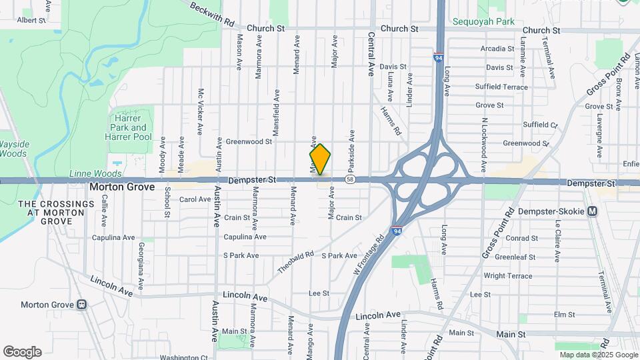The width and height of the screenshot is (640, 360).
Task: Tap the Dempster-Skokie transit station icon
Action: pyautogui.click(x=592, y=211)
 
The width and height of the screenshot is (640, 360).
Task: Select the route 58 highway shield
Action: pyautogui.click(x=350, y=179)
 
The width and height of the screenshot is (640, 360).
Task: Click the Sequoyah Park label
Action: pyautogui.click(x=483, y=21)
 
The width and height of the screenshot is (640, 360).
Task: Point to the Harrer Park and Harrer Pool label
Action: pyautogui.click(x=129, y=127)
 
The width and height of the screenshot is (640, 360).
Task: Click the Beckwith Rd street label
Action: pyautogui.click(x=212, y=15)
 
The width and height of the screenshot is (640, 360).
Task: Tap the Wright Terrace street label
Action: pyautogui.click(x=508, y=275)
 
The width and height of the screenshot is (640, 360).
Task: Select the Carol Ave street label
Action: pyautogui.click(x=195, y=199)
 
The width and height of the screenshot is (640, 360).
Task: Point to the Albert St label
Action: pyautogui.click(x=31, y=20)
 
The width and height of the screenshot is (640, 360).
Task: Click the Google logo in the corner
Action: pyautogui.click(x=22, y=351)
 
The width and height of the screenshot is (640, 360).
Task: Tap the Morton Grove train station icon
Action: pyautogui.click(x=82, y=305)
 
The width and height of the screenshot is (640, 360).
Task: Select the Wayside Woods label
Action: pyautogui.click(x=13, y=149)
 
